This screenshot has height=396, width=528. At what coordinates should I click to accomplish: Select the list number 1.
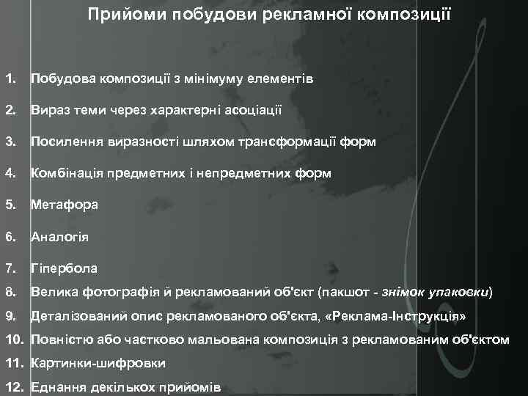click(x=10, y=78)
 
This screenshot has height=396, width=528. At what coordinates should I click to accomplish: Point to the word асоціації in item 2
click(x=247, y=110)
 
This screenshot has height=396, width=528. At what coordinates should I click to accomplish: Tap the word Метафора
click(x=64, y=206)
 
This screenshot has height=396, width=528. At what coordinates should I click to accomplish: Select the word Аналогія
click(x=59, y=238)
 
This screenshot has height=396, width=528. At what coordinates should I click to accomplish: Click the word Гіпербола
click(x=64, y=269)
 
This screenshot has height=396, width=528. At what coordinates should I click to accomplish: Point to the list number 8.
click(x=10, y=292)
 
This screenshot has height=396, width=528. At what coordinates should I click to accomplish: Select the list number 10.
click(x=14, y=340)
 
